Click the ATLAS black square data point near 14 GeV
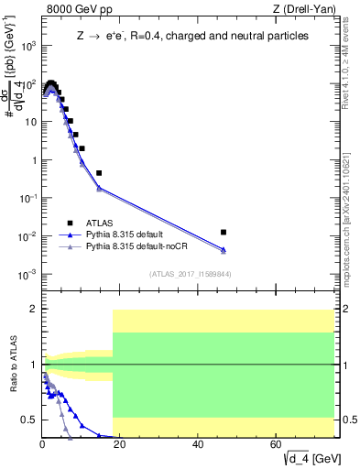click(x=99, y=172)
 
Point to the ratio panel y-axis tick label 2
click(x=33, y=309)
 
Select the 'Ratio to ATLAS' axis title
click(x=13, y=365)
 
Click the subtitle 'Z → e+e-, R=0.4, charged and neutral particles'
click(x=191, y=36)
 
